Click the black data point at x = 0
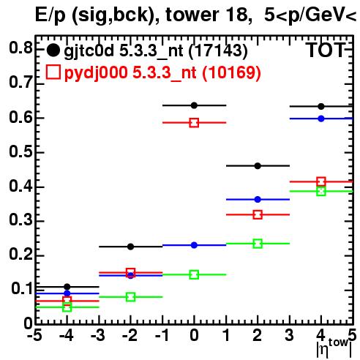(x=194, y=105)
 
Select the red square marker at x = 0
(x=194, y=123)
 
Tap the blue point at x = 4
(x=321, y=119)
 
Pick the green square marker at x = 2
(x=258, y=244)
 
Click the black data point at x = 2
(x=258, y=166)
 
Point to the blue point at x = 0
(x=194, y=245)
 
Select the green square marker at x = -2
(x=131, y=297)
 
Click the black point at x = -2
(x=131, y=247)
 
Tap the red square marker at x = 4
(x=321, y=181)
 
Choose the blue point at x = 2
(x=258, y=200)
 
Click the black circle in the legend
(x=53, y=50)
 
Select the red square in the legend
(x=53, y=72)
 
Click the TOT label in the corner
(x=326, y=50)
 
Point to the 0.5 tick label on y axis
(x=20, y=151)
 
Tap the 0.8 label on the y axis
(x=20, y=48)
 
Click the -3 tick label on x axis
(x=98, y=335)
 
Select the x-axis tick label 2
(x=258, y=335)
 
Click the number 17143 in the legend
(x=218, y=50)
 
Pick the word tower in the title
(x=192, y=15)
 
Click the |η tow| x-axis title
(x=334, y=349)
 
